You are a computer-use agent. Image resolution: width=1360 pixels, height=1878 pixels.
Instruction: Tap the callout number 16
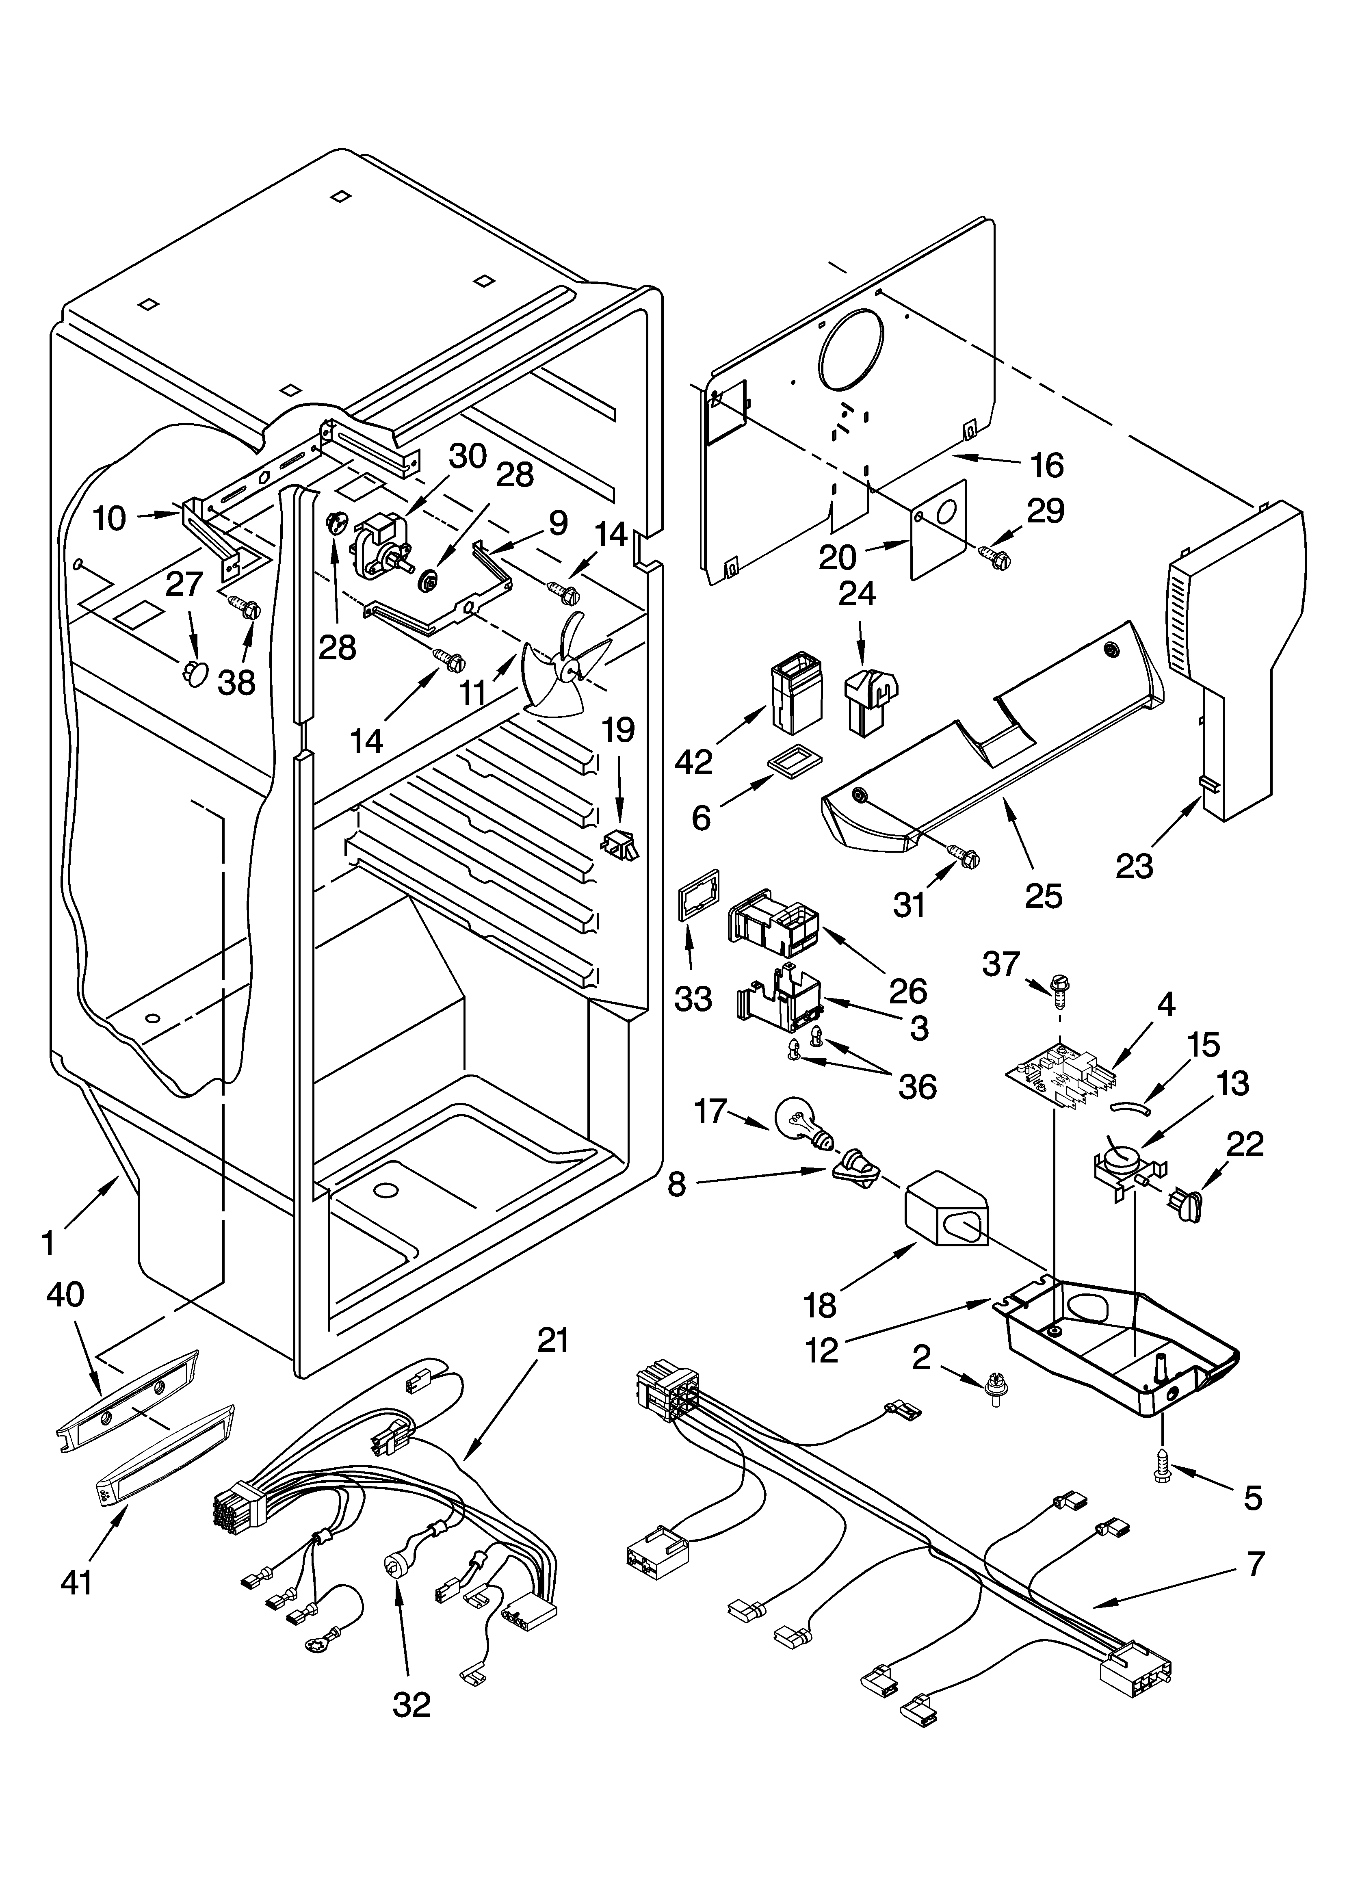tap(1048, 466)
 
